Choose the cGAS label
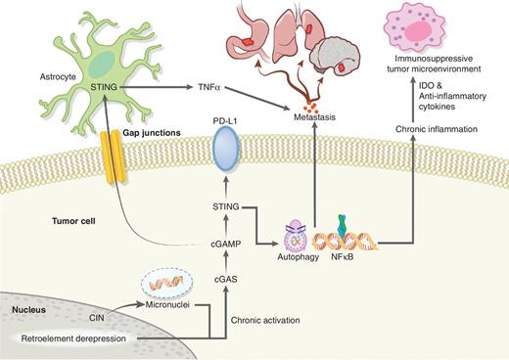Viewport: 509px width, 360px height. click(x=224, y=280)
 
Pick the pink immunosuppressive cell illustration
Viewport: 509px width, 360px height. click(x=428, y=27)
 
